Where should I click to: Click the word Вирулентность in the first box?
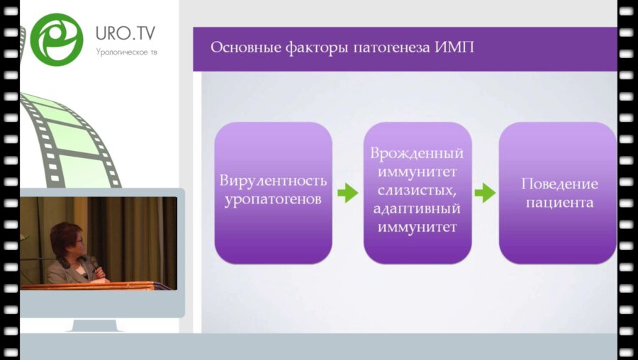point(273,181)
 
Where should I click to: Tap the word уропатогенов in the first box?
point(273,200)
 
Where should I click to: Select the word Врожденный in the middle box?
point(418,153)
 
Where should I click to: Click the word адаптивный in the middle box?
point(418,209)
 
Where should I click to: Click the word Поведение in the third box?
point(559,184)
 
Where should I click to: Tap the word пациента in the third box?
point(559,202)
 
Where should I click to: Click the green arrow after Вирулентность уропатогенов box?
point(347,192)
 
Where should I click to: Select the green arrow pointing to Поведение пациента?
point(485,192)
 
